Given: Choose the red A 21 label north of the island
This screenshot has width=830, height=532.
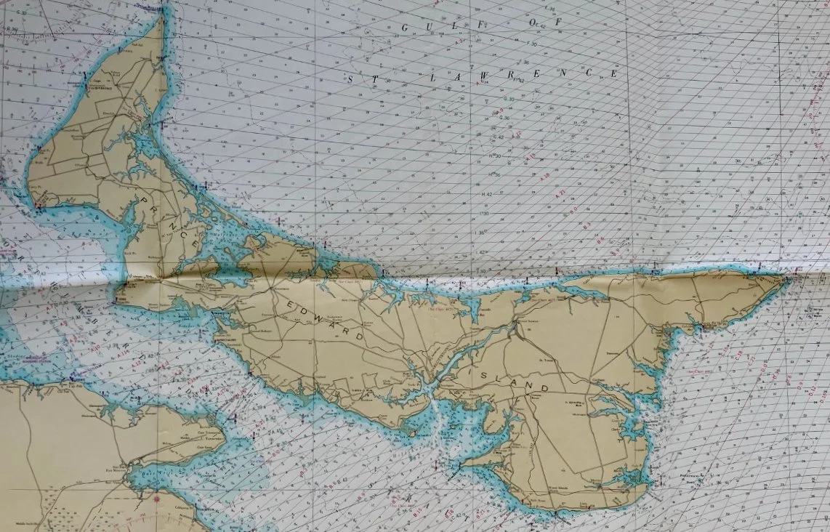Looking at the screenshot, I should pos(560,195).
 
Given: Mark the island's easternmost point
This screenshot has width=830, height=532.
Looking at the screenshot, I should pos(791,277).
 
